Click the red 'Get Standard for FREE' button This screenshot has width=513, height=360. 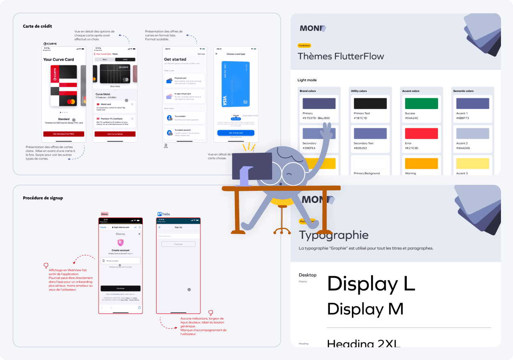click(x=64, y=134)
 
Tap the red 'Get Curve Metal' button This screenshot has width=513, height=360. click(x=115, y=134)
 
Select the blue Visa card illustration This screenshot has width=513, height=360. click(x=236, y=84)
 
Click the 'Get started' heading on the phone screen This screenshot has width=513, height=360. click(x=175, y=59)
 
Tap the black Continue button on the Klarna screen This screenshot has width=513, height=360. click(x=120, y=288)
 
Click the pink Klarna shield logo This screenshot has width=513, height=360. click(x=120, y=243)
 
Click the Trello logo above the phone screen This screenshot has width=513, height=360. click(x=164, y=214)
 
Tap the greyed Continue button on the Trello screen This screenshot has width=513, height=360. click(x=178, y=244)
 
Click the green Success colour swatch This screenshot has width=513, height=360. click(x=421, y=103)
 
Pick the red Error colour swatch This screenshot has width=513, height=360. click(x=421, y=133)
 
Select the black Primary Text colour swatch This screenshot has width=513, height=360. click(x=370, y=103)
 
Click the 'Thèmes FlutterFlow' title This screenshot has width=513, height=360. click(x=341, y=56)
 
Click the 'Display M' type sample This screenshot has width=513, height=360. click(x=365, y=309)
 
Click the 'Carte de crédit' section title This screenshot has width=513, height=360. click(x=37, y=26)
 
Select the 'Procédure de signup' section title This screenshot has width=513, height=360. click(x=43, y=198)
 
